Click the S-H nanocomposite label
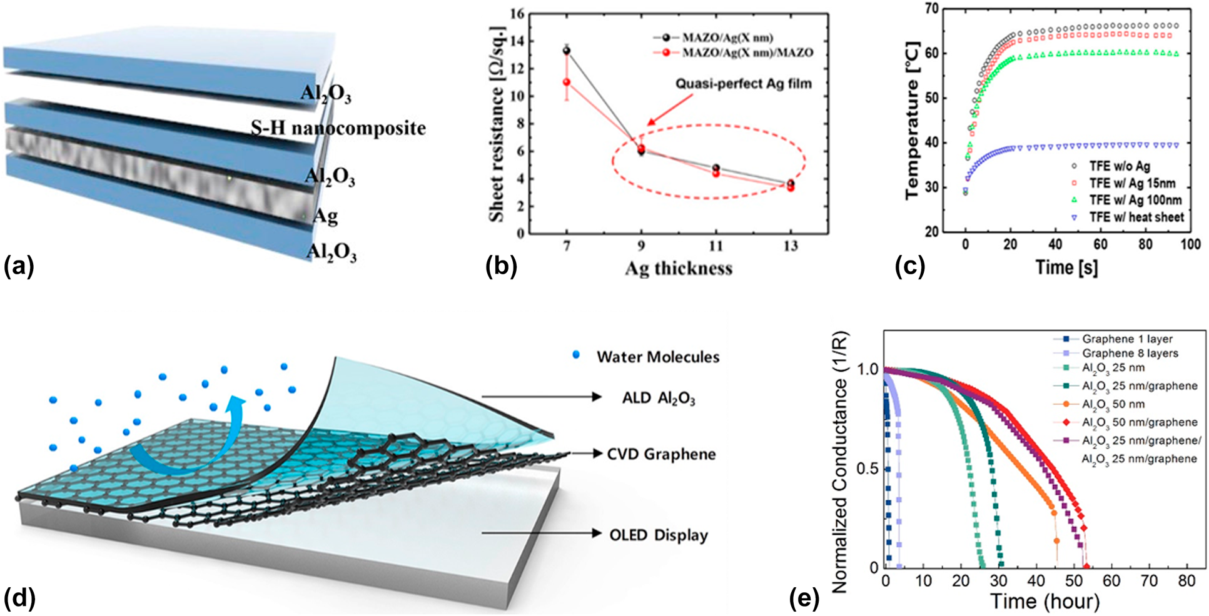338,128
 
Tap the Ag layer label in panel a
325,216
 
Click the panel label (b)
501,266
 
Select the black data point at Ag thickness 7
567,51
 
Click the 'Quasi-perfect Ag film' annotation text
743,84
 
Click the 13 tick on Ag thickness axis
791,246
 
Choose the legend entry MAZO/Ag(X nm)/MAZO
747,52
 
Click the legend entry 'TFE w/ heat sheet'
1136,217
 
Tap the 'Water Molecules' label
657,357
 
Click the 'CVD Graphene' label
661,454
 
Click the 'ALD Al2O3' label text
658,398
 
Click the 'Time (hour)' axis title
1045,601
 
